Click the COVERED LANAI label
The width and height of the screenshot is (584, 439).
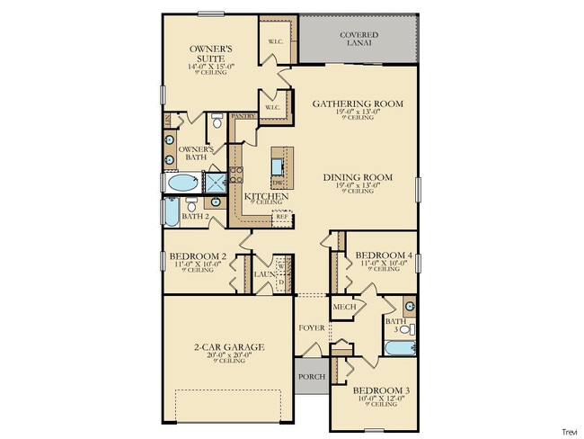[358, 39]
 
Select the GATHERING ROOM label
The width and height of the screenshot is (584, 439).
[358, 104]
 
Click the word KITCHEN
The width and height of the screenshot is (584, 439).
[267, 195]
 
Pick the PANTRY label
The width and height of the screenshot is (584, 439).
[243, 116]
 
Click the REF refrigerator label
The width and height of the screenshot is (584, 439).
[281, 216]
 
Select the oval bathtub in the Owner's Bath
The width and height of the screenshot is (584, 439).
[181, 184]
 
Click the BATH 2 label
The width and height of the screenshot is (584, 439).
[195, 216]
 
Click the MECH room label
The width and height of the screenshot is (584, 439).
[345, 307]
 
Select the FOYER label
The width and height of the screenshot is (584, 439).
[311, 327]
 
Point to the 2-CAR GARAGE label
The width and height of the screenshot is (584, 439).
[226, 346]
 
